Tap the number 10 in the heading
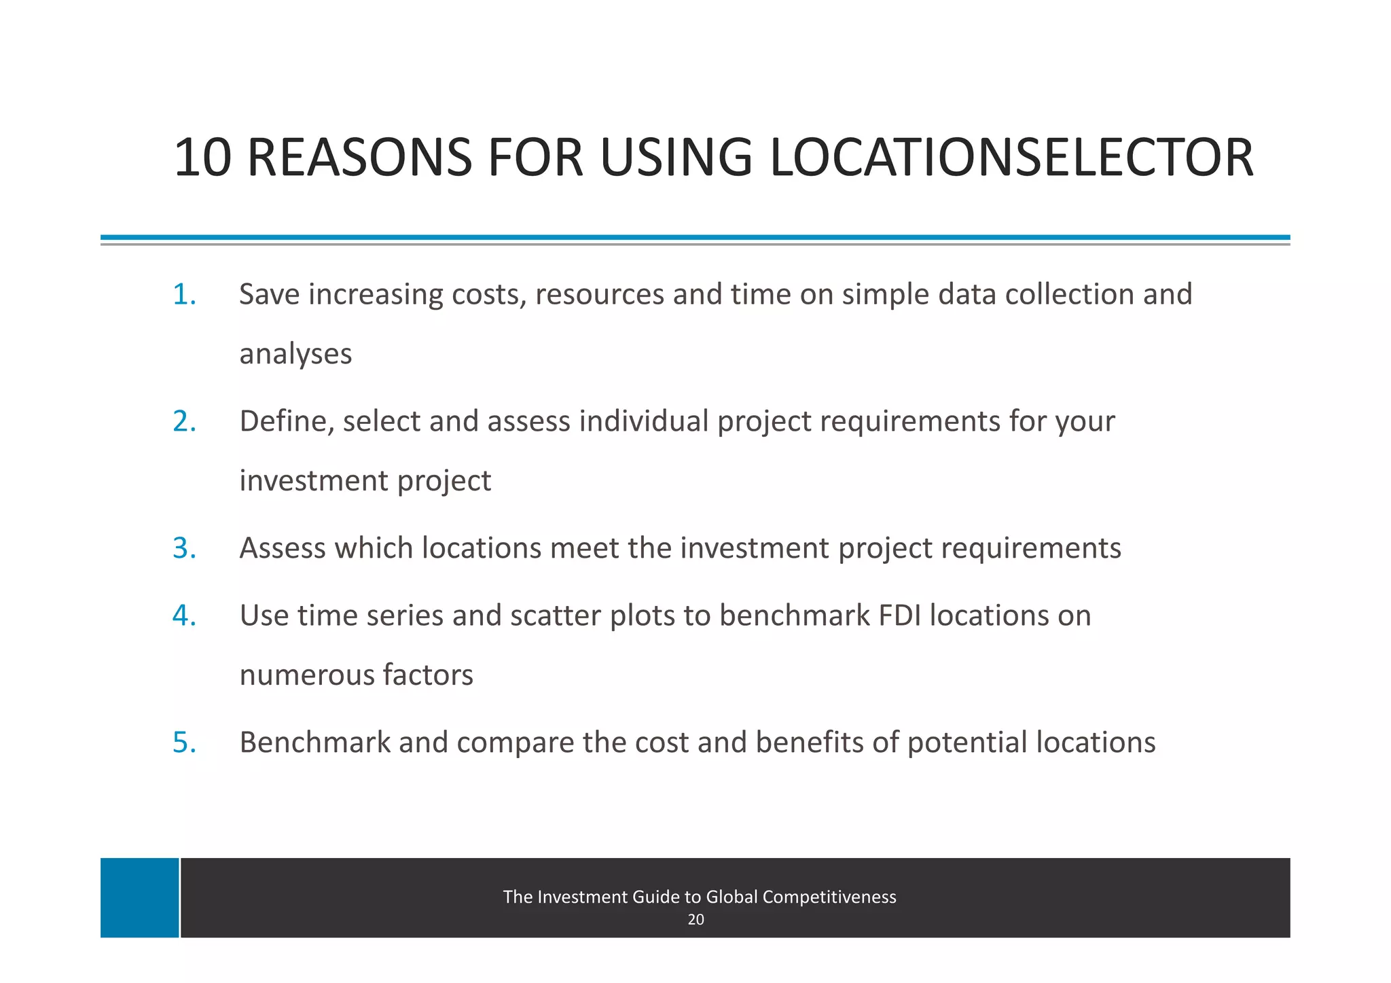pyautogui.click(x=202, y=158)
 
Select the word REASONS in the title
pyautogui.click(x=359, y=158)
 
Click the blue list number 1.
pyautogui.click(x=184, y=295)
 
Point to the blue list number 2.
pyautogui.click(x=184, y=422)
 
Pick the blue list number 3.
pyautogui.click(x=184, y=548)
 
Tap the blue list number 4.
pyautogui.click(x=184, y=615)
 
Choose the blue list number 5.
pyautogui.click(x=184, y=743)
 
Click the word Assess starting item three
pyautogui.click(x=283, y=548)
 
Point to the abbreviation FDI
pyautogui.click(x=899, y=615)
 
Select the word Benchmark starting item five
pyautogui.click(x=315, y=743)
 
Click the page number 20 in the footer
pyautogui.click(x=695, y=920)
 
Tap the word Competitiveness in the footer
pyautogui.click(x=829, y=897)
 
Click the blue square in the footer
pyautogui.click(x=140, y=897)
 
